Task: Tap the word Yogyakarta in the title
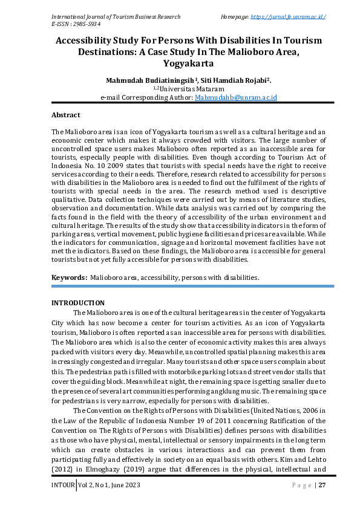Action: pos(180,62)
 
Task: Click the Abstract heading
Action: pos(65,114)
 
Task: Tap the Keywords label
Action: pos(69,277)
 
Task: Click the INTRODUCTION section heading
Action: pos(77,303)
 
